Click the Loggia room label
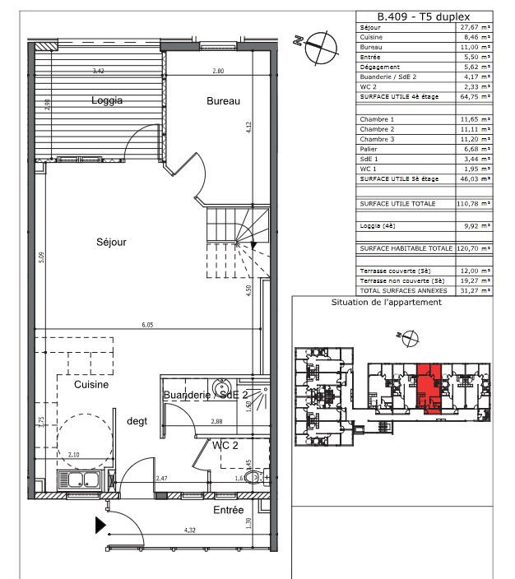[x=107, y=101]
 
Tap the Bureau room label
[x=222, y=101]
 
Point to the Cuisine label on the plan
[x=92, y=384]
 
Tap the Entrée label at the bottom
[x=229, y=511]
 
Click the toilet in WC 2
[x=257, y=479]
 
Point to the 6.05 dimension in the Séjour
[x=147, y=325]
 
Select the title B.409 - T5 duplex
[x=422, y=16]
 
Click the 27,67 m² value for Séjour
[x=474, y=27]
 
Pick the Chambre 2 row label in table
[x=377, y=130]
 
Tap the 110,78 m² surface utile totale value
[x=474, y=202]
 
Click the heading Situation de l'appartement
[x=387, y=302]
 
